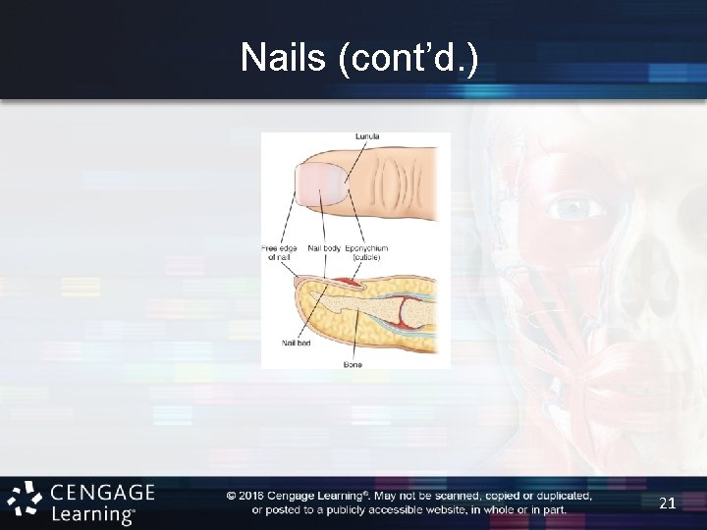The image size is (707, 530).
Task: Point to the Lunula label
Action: point(367,136)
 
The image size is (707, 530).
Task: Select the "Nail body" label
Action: point(325,249)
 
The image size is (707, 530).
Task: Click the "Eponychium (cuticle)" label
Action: point(367,253)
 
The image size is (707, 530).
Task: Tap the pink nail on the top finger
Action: point(324,185)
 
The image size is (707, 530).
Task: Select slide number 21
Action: point(667,503)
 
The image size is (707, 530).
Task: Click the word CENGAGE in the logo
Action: point(102,492)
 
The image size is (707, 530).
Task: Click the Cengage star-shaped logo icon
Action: point(26,502)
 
